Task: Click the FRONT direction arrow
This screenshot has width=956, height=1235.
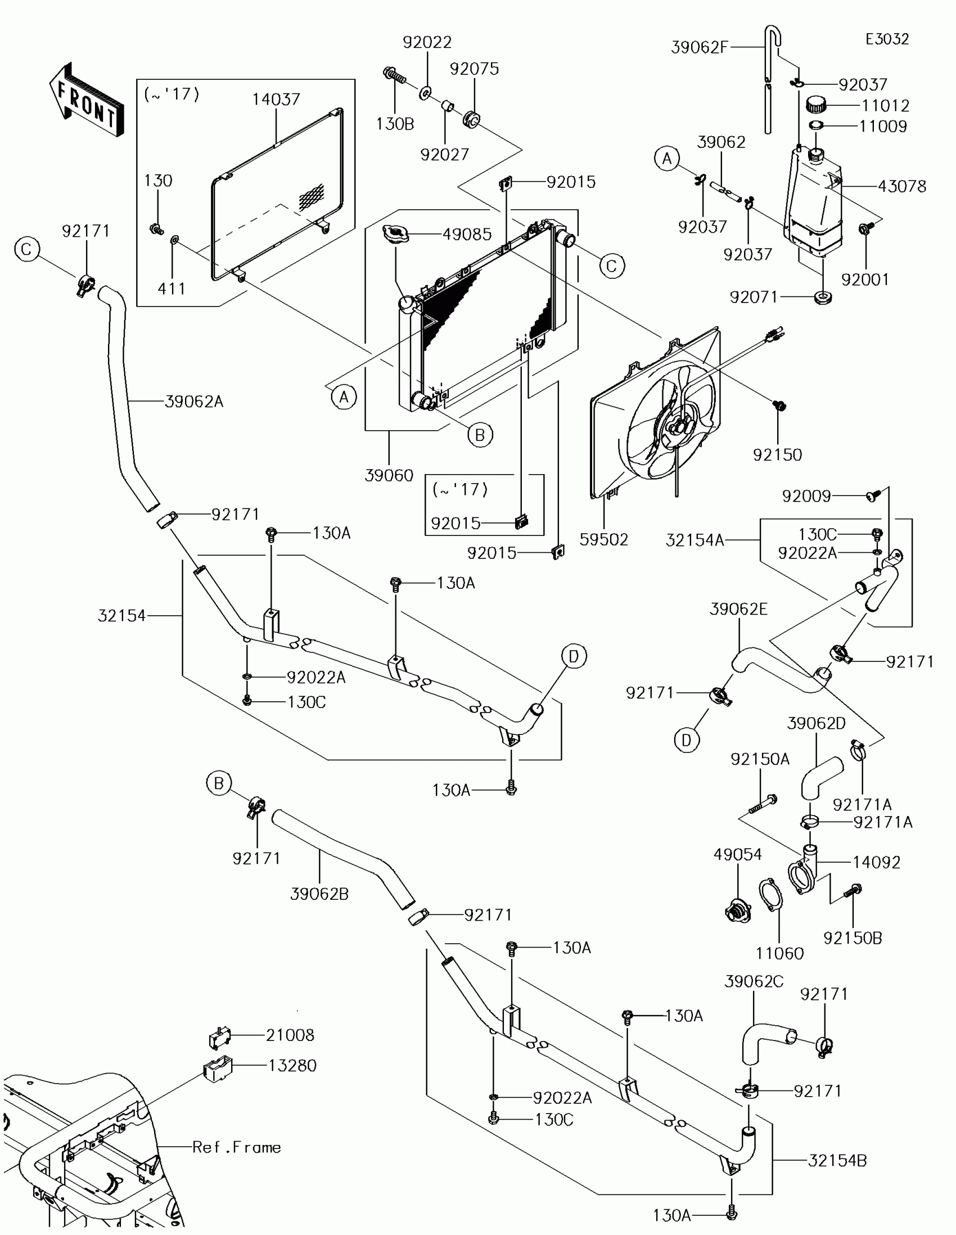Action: tap(87, 101)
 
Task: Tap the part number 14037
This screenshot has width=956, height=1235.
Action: tap(276, 100)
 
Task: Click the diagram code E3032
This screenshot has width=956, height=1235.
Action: tap(887, 39)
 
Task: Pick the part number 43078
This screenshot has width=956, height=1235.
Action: tap(901, 186)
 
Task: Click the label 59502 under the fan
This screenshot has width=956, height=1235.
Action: tap(604, 539)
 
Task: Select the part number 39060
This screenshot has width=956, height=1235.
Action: tap(389, 475)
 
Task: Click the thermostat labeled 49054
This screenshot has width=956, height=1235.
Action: tap(738, 911)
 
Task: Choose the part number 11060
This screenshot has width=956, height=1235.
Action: tap(779, 953)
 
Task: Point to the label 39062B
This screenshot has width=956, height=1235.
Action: tap(319, 894)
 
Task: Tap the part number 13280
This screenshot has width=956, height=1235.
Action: tap(292, 1065)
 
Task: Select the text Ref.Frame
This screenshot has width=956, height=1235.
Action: tap(236, 1147)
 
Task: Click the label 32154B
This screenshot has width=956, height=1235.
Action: tap(837, 1160)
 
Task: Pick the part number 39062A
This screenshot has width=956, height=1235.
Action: tap(194, 402)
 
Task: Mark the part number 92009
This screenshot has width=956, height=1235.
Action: tap(806, 496)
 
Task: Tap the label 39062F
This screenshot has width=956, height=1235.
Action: tap(700, 47)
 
